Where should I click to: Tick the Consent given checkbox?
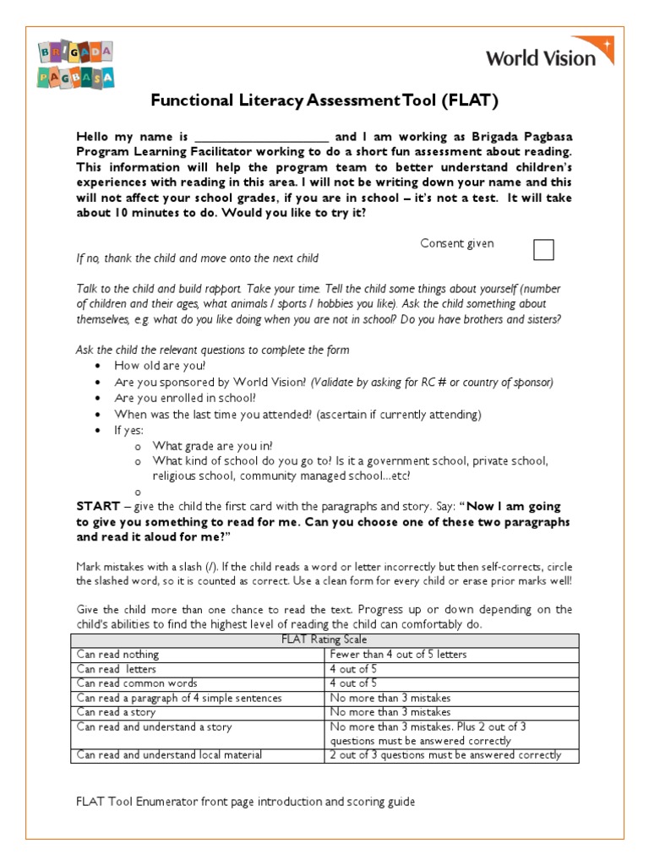(544, 249)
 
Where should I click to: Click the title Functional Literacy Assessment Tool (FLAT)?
(324, 101)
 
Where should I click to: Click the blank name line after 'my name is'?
(262, 137)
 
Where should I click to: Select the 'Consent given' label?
(457, 243)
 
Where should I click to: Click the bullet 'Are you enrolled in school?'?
(185, 398)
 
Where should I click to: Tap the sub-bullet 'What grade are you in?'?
(212, 446)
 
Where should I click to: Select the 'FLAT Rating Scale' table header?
(324, 639)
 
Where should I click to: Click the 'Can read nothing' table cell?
(117, 654)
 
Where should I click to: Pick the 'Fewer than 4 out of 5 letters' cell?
(397, 654)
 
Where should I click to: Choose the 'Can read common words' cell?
(137, 683)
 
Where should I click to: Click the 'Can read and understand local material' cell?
(169, 754)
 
